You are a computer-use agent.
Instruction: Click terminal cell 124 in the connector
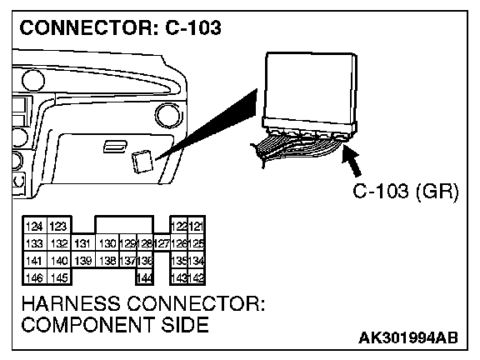[x=35, y=227]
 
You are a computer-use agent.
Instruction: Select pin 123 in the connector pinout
[x=58, y=227]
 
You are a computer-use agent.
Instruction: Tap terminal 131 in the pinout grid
[x=82, y=243]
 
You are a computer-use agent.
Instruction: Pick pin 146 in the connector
[x=35, y=277]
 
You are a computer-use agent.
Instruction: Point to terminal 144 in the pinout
[x=145, y=277]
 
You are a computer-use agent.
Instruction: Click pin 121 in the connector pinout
[x=196, y=227]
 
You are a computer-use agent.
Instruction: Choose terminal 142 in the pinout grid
[x=196, y=277]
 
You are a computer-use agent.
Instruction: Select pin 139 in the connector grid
[x=82, y=261]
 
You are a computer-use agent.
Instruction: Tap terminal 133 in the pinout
[x=35, y=243]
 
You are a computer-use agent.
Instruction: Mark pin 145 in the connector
[x=59, y=277]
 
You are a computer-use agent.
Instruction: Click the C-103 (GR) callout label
[x=406, y=192]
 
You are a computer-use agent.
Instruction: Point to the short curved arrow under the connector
[x=352, y=160]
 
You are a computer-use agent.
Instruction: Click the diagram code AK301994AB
[x=408, y=338]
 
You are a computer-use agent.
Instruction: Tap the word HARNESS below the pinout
[x=71, y=303]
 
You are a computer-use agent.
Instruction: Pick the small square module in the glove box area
[x=142, y=162]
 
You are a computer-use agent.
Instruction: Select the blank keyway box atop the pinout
[x=124, y=225]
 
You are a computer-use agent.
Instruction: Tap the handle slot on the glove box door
[x=115, y=147]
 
